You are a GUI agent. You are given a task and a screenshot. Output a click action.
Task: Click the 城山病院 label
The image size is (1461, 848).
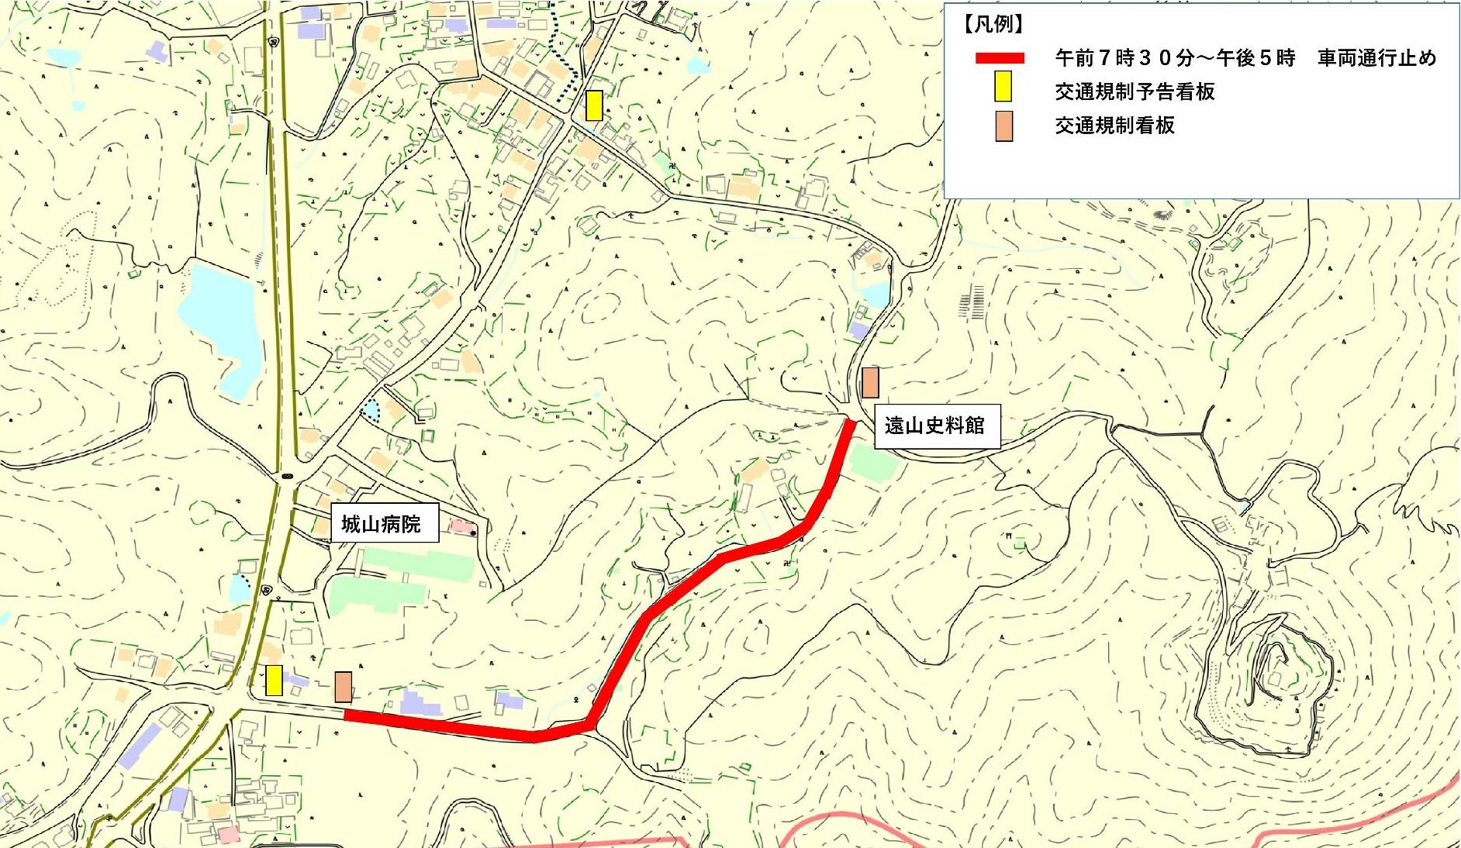[x=380, y=525]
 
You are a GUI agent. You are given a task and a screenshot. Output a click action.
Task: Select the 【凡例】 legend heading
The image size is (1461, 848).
[x=993, y=25]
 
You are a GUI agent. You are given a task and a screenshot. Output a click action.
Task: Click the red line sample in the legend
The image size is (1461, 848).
[x=1000, y=58]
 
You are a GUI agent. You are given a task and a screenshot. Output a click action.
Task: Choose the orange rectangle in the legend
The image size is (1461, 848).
[x=1003, y=126]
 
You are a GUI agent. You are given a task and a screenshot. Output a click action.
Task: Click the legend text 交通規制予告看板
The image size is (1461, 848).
[x=1134, y=91]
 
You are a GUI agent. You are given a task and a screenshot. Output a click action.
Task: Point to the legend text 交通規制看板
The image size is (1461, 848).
[x=1114, y=126]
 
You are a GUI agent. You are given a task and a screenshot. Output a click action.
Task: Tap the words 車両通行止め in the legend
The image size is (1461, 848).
[x=1376, y=58]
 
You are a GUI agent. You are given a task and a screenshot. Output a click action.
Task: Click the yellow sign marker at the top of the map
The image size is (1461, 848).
[x=594, y=105]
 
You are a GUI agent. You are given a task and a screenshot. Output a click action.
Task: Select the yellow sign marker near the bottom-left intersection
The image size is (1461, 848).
[x=274, y=681]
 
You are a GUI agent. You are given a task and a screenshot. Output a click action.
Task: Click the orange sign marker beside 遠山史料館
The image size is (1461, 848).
[x=870, y=383]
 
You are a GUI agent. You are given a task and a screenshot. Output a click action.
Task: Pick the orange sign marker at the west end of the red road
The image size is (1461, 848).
[x=344, y=687]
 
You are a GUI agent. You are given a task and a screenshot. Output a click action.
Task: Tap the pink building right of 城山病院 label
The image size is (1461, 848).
[x=462, y=527]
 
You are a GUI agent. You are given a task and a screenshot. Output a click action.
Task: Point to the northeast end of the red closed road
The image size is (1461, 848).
[x=850, y=425]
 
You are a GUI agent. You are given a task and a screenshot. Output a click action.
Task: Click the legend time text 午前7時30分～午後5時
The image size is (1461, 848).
[x=1174, y=58]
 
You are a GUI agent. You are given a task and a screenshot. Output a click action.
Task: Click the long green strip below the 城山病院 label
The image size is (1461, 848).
[x=417, y=564]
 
